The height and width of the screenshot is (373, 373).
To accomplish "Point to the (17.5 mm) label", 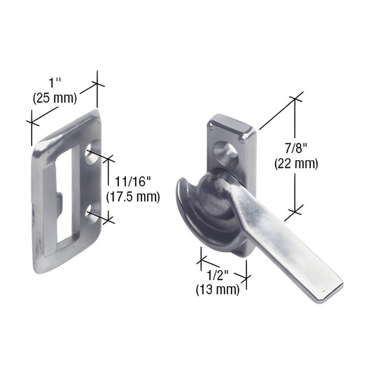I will point(133,197).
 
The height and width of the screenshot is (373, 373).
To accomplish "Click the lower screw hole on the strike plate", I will point(92,211).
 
